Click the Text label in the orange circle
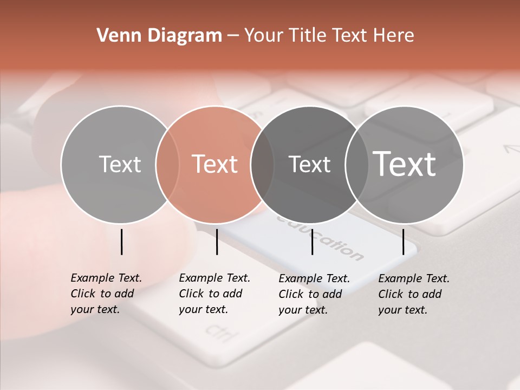click(x=215, y=164)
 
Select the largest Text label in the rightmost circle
click(x=404, y=164)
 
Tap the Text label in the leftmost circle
click(x=120, y=164)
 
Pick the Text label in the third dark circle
click(x=309, y=164)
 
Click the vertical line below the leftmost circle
click(x=122, y=242)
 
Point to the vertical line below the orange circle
click(x=217, y=242)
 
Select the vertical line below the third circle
click(x=313, y=242)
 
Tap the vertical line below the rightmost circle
click(x=404, y=242)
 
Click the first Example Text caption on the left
click(x=106, y=294)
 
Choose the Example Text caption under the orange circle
click(x=214, y=294)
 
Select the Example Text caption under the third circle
click(x=314, y=294)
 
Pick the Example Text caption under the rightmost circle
click(x=414, y=294)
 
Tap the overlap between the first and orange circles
click(x=167, y=164)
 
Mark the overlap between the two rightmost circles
click(x=356, y=164)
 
